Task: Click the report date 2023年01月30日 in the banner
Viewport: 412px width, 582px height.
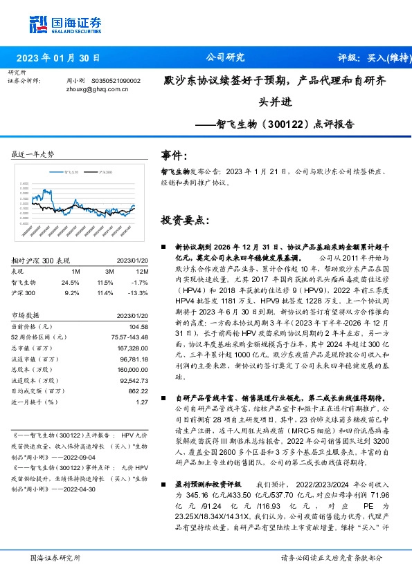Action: click(x=57, y=57)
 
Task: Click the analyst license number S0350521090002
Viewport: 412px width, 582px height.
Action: click(x=116, y=80)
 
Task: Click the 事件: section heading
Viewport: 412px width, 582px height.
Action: click(x=173, y=156)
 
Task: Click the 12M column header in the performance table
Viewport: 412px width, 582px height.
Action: click(x=142, y=271)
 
